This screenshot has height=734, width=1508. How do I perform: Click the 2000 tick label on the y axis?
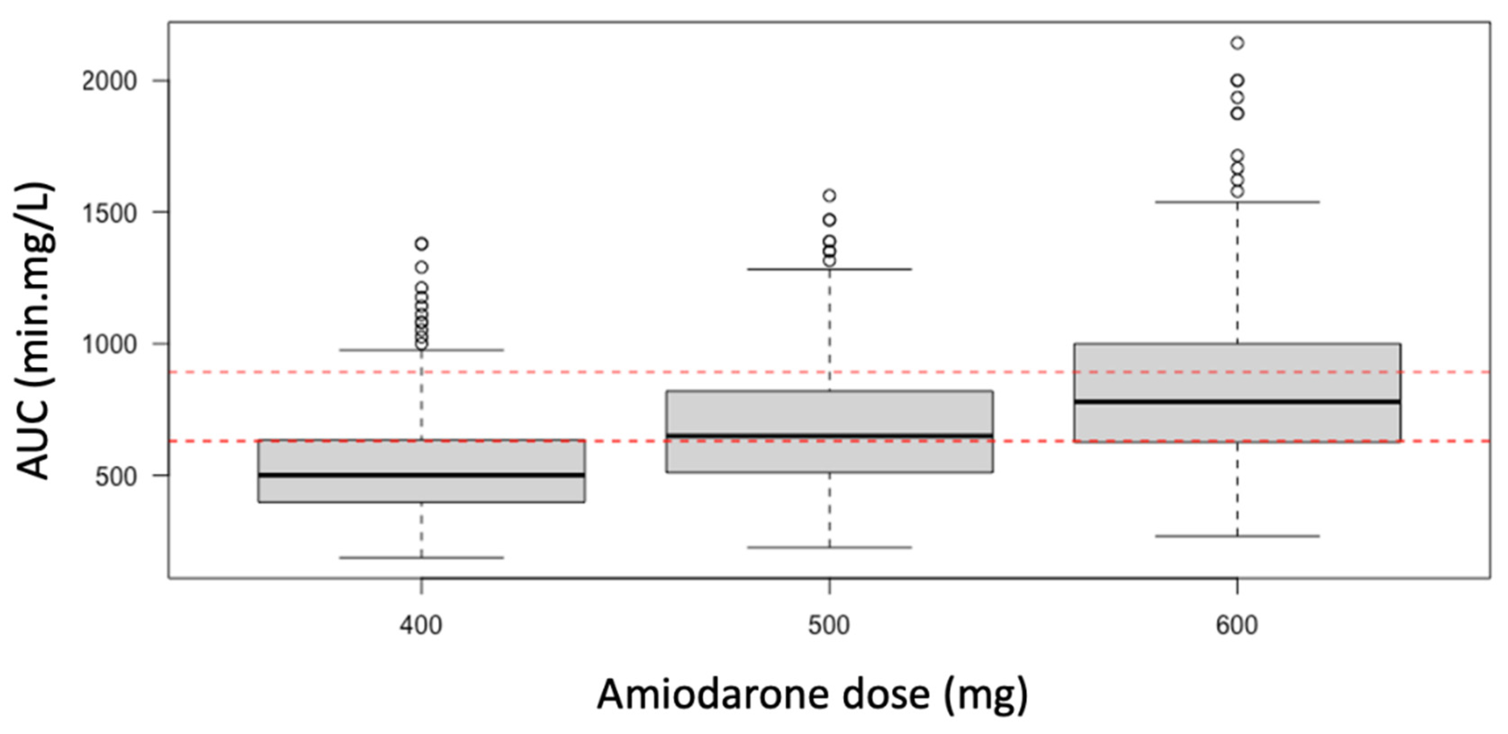pos(109,81)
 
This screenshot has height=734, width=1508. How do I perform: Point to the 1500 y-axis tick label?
pos(109,213)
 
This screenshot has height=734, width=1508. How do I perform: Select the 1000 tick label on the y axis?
pos(109,344)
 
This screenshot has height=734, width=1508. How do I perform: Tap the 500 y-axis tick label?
pos(116,476)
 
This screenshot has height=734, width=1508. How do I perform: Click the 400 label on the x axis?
pos(421,625)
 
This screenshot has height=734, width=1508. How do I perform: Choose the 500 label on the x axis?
pos(829,625)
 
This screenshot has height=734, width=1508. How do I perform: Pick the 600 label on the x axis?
pos(1237,625)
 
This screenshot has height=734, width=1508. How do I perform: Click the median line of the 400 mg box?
pos(422,475)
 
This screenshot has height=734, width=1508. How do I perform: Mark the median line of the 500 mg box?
pos(829,436)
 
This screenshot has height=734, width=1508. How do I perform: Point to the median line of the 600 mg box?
pos(1237,402)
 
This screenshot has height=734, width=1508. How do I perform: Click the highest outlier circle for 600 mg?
pos(1237,43)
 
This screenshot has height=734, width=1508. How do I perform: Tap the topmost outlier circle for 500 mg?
pos(829,195)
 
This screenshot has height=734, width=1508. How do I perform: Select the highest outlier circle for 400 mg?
pos(422,244)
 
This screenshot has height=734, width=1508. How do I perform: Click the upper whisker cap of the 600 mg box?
pos(1237,202)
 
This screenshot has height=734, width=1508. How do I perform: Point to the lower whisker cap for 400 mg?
pos(422,557)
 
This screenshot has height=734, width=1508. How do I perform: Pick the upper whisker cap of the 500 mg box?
pos(829,269)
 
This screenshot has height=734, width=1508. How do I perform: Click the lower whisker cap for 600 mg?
pos(1237,536)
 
